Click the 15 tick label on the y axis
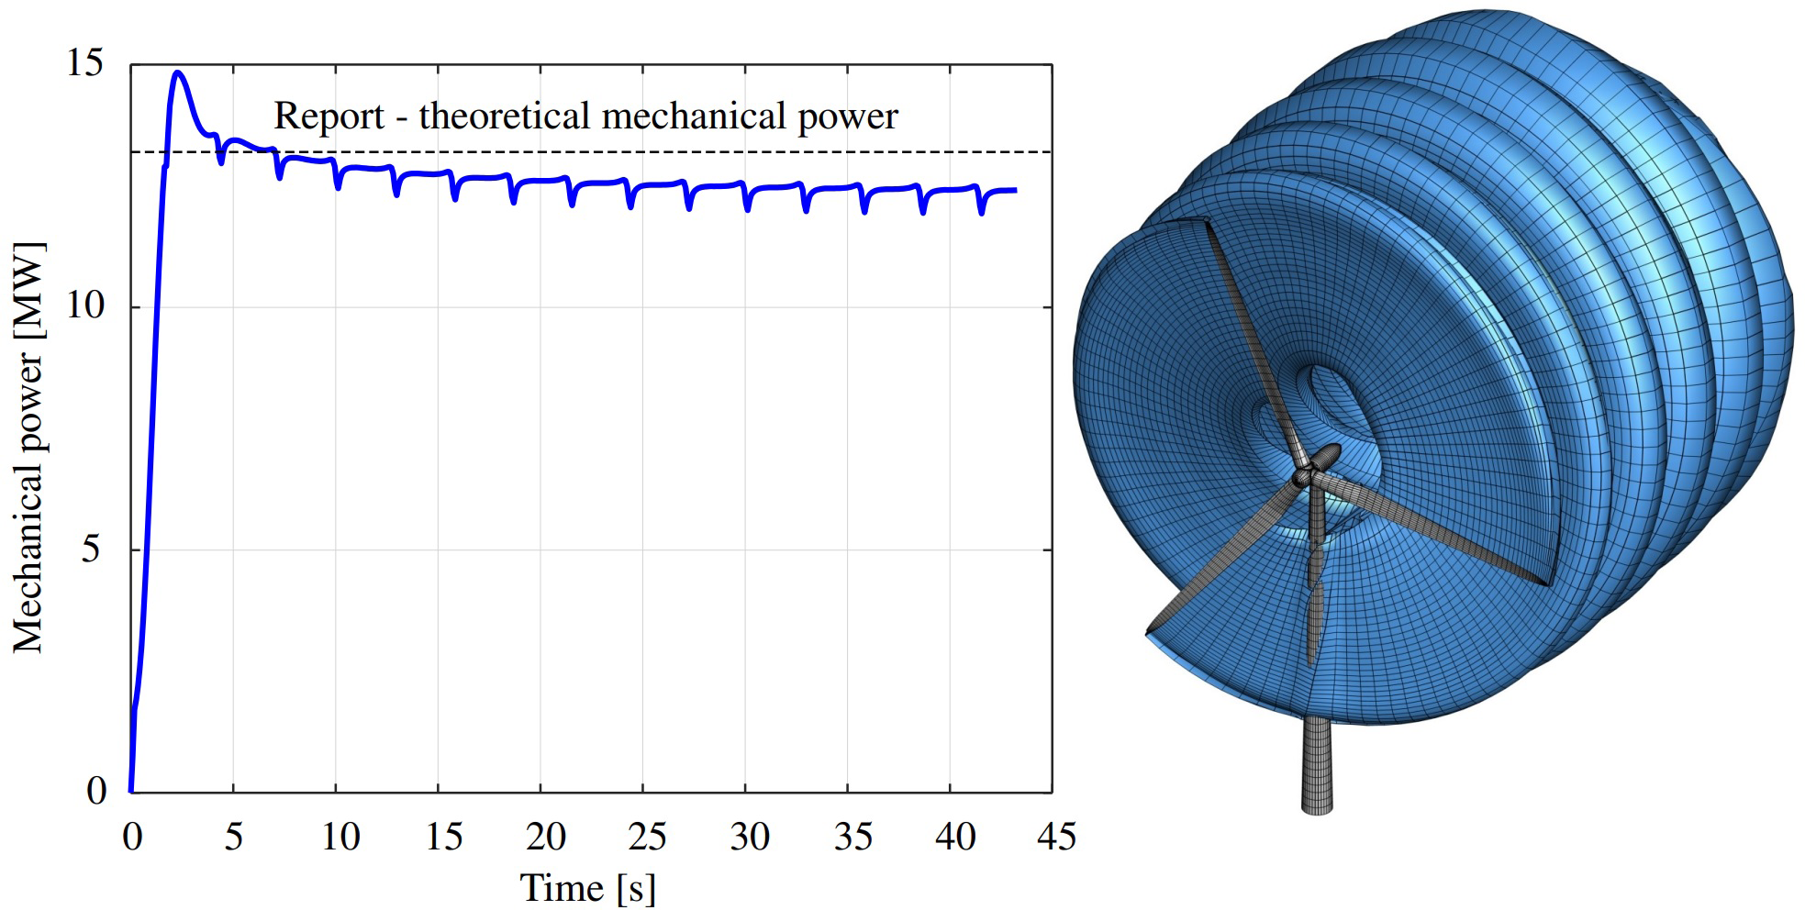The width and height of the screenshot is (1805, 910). pos(84,64)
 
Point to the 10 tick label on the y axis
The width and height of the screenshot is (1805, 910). pos(84,305)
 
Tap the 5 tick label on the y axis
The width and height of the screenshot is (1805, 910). pos(92,549)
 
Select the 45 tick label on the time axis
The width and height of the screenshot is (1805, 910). pos(1055,837)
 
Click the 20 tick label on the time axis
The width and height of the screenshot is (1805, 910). pos(545,837)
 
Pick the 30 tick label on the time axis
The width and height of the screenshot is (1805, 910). pos(749,837)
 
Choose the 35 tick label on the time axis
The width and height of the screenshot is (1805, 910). pos(852,837)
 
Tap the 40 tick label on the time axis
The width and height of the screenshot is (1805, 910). pos(954,837)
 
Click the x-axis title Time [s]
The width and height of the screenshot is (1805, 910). pos(588,888)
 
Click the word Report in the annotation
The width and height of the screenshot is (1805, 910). pos(329,117)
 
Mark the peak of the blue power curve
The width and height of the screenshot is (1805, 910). pos(178,72)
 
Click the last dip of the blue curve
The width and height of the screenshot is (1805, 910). pos(982,212)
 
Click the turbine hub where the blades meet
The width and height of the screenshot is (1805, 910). pos(1303,477)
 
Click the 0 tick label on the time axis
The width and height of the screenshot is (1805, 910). pos(132,837)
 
